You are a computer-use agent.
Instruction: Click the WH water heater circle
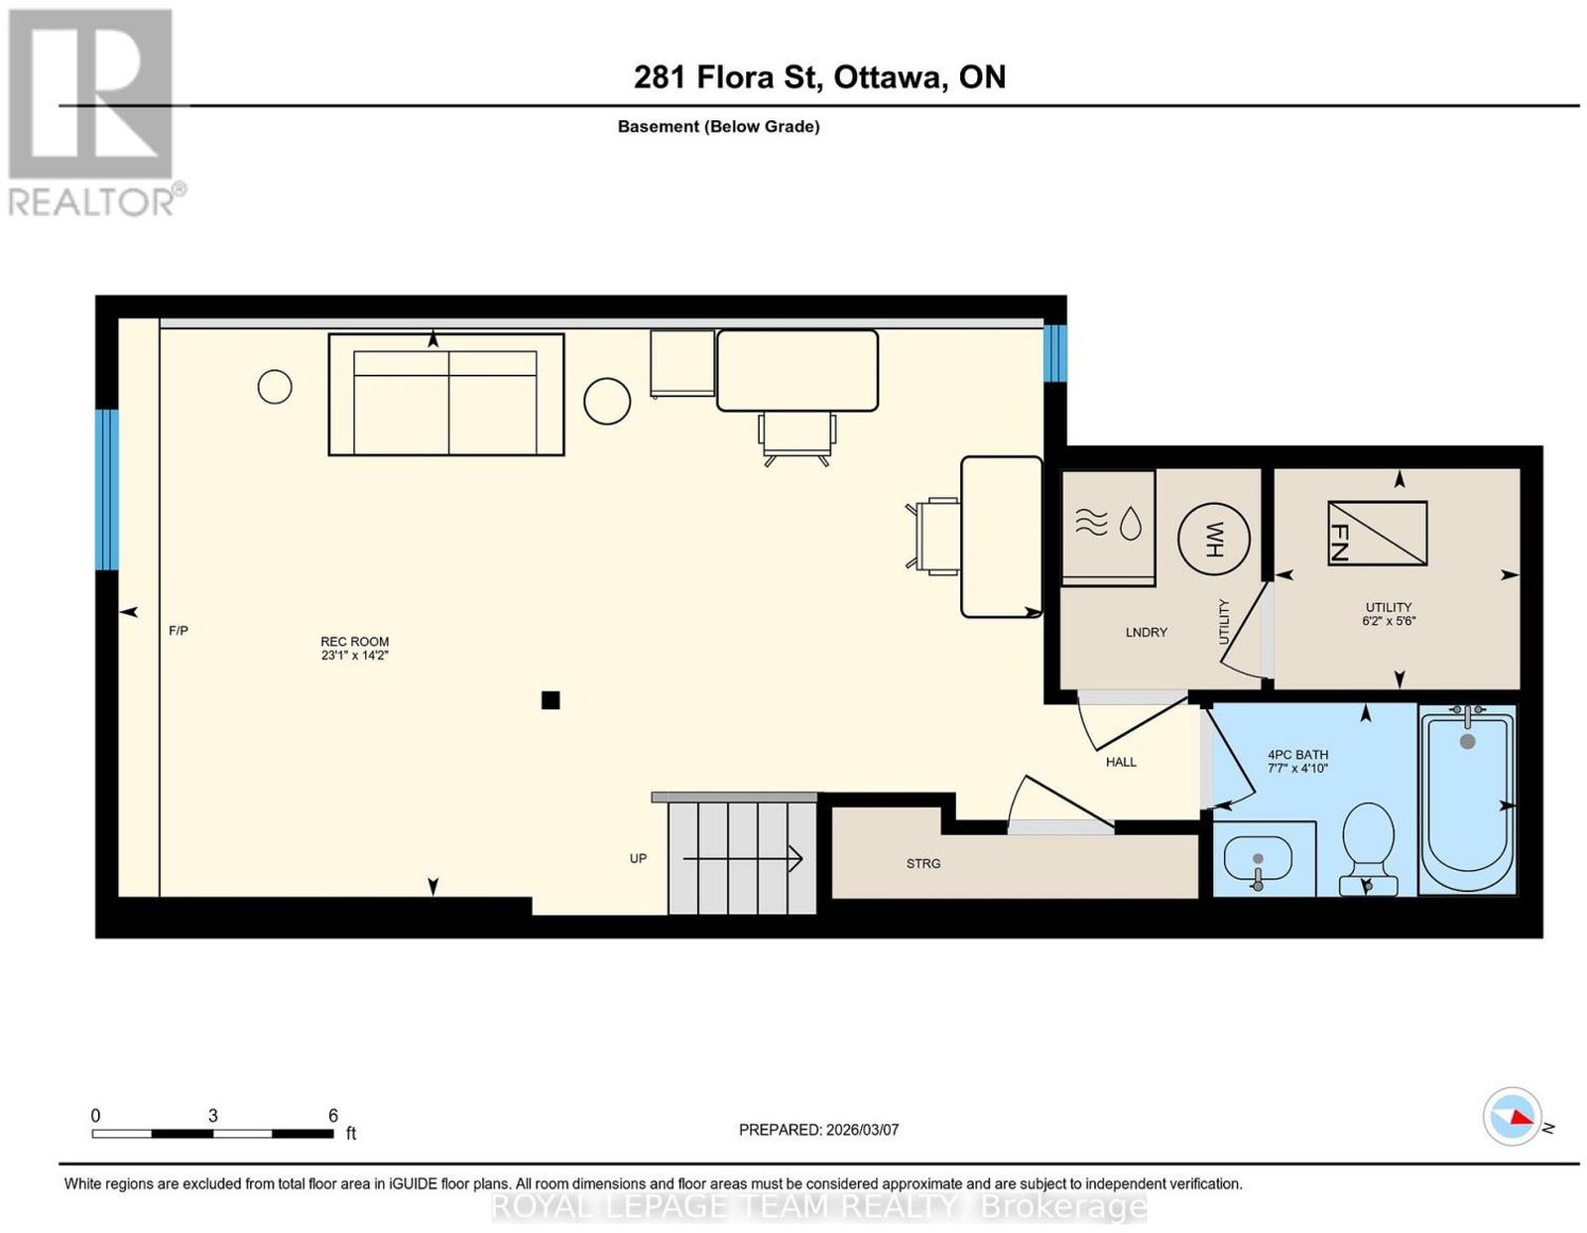1213,539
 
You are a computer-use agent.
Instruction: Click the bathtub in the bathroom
1467,800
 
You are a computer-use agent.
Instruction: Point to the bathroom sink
1257,864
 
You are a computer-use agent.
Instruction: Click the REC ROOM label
354,649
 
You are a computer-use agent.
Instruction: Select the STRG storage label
923,864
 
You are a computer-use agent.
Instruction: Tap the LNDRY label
1146,632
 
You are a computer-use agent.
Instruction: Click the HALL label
1120,762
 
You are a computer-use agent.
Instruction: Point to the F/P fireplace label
179,630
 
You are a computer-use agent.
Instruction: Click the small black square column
549,701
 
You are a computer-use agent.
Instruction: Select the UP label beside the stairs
638,858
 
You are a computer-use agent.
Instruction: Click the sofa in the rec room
445,394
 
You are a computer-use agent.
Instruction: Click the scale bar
212,1134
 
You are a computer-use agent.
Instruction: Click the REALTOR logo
93,113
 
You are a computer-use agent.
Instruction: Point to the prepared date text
818,1130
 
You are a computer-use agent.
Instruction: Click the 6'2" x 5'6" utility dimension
1389,621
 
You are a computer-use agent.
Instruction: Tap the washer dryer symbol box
1107,527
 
